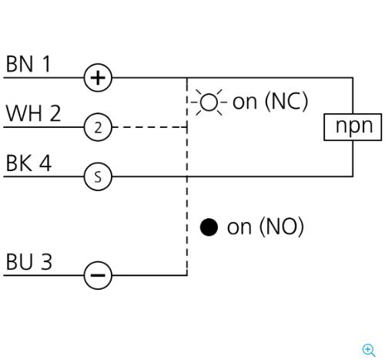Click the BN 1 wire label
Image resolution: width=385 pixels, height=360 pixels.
tap(28, 64)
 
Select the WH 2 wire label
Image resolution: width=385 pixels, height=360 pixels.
tap(33, 113)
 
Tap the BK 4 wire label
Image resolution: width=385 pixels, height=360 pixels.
tap(28, 163)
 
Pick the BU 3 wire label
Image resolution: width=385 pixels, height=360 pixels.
tap(29, 261)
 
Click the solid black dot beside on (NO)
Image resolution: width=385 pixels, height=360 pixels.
tap(209, 227)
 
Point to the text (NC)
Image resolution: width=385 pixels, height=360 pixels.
tap(286, 101)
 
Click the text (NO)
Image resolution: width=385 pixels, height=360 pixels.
tap(282, 227)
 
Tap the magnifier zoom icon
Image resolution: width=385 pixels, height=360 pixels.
tap(369, 350)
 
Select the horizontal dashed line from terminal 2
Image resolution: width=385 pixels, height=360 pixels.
tap(150, 127)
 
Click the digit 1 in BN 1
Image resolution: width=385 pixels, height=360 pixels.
tap(46, 64)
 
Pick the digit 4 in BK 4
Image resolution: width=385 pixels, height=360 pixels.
tap(45, 163)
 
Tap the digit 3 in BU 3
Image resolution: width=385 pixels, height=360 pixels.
tap(46, 261)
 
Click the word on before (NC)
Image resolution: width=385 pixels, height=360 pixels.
tap(245, 103)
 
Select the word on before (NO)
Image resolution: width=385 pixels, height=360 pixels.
tap(239, 227)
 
